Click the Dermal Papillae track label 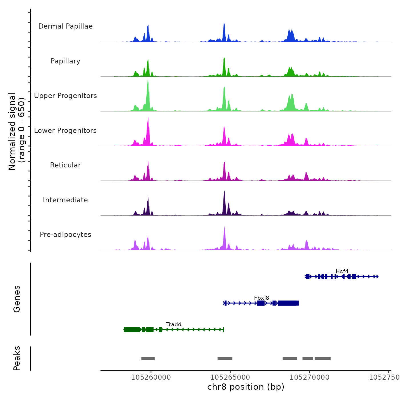click(65, 26)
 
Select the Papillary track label click(65, 61)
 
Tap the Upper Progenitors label click(65, 96)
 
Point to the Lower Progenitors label click(65, 131)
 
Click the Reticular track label click(65, 165)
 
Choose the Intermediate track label click(65, 200)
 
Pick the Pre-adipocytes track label click(65, 235)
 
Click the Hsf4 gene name click(342, 271)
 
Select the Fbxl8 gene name click(261, 298)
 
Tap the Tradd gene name click(174, 324)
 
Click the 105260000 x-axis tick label click(151, 377)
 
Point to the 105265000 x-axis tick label click(230, 377)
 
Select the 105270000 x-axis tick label click(309, 377)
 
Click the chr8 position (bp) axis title click(246, 387)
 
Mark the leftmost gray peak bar click(148, 359)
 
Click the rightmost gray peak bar click(323, 359)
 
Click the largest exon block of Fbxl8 click(288, 303)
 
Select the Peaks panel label click(17, 358)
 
